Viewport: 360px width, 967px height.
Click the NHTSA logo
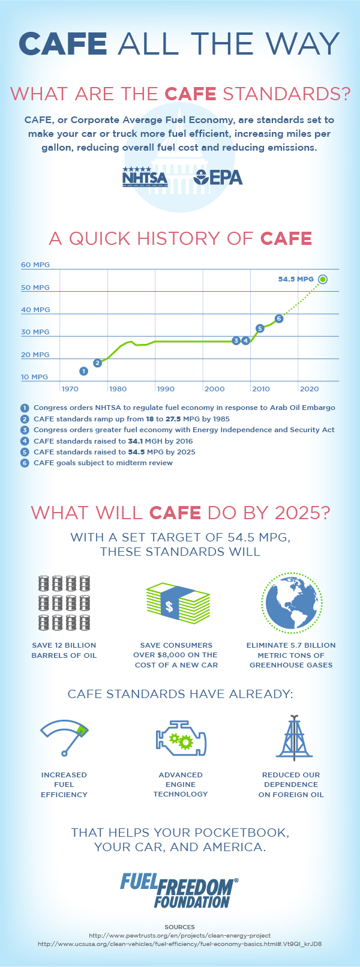[145, 176]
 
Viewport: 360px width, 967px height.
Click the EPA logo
[218, 176]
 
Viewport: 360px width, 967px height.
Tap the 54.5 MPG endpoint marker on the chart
[323, 279]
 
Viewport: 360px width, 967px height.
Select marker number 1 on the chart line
[83, 371]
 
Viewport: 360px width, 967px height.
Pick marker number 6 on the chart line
[278, 318]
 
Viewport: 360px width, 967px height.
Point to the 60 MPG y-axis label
[35, 265]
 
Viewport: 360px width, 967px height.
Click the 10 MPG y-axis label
[34, 377]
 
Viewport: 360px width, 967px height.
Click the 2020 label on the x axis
[309, 389]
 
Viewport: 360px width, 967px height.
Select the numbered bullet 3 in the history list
[25, 430]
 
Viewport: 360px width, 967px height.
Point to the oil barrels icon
[64, 603]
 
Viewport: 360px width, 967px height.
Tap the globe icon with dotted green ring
[291, 603]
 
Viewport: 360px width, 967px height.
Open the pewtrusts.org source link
[180, 935]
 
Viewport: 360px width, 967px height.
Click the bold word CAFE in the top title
[63, 43]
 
